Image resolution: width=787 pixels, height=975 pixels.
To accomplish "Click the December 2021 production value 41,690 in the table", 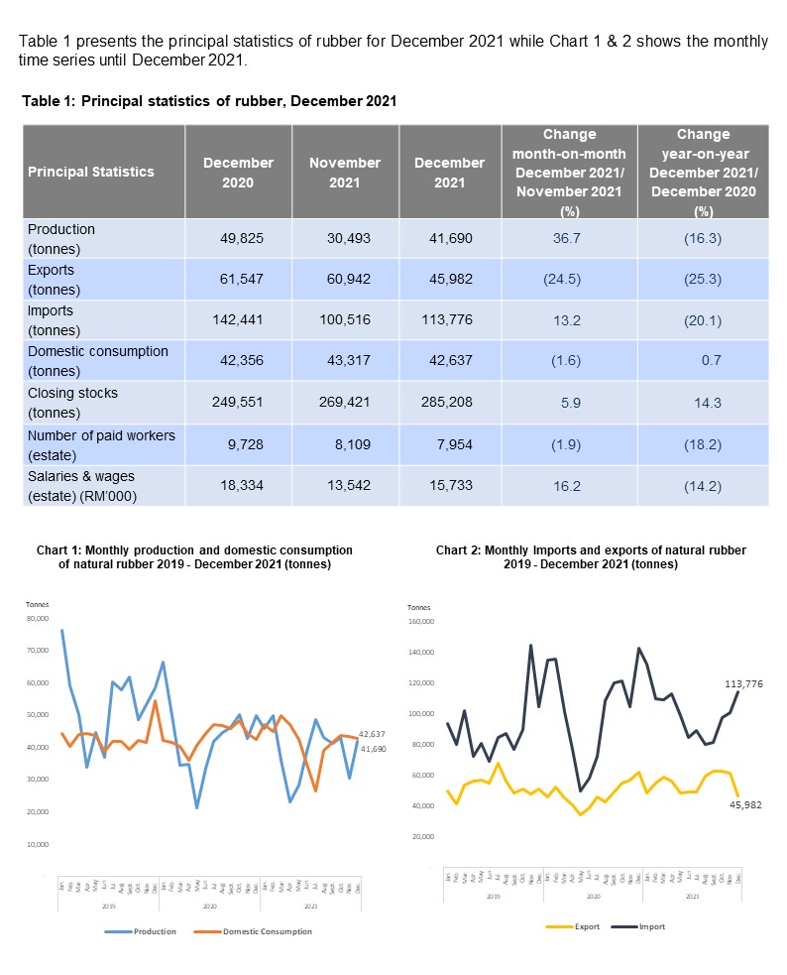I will click(x=449, y=238).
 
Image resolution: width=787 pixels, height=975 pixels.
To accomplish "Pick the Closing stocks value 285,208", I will click(x=449, y=404).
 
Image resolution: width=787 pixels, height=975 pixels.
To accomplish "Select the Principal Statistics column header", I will click(x=91, y=172).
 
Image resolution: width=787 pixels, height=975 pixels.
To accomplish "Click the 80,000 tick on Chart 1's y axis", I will click(x=37, y=618).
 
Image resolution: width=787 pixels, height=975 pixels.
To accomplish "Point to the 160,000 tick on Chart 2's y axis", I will click(x=420, y=622).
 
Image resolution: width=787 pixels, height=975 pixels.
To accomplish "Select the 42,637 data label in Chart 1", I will click(x=371, y=734).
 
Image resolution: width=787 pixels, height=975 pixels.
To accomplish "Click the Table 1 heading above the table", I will click(x=209, y=101).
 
